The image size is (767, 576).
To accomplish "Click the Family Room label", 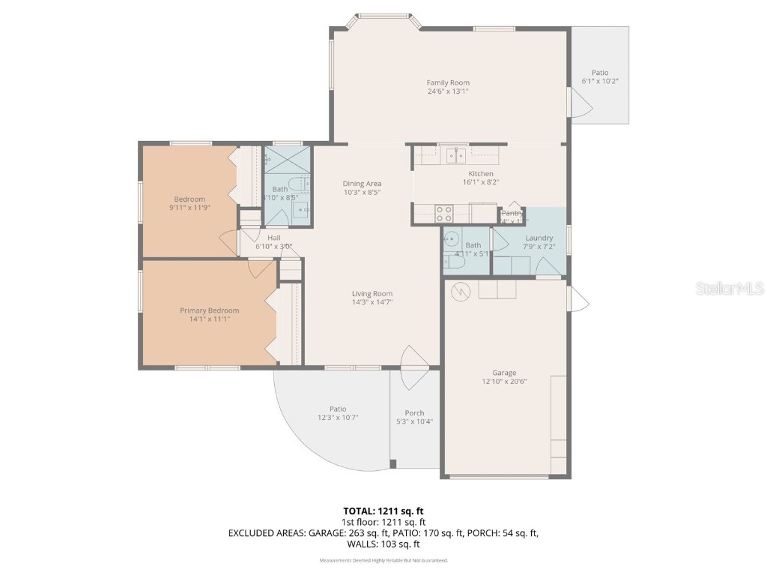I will tap(448, 82).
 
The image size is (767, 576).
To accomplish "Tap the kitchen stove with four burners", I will tap(444, 213).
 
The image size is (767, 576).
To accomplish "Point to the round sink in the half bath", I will tap(452, 239).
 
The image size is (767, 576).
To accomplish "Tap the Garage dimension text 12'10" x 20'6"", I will tap(504, 382).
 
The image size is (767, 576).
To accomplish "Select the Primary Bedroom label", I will tap(209, 310).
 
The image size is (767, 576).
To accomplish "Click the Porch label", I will tap(414, 412).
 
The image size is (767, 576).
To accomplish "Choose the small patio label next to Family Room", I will tap(600, 73).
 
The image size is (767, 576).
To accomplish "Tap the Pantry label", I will tap(513, 213).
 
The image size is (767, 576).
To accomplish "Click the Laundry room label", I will tap(539, 238).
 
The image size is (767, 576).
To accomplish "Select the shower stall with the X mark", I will tap(287, 158).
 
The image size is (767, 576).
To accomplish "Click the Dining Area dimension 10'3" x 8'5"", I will tap(362, 193).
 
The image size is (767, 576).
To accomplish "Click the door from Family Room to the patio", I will tap(579, 103).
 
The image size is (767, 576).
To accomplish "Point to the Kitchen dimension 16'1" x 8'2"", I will tap(480, 182).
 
